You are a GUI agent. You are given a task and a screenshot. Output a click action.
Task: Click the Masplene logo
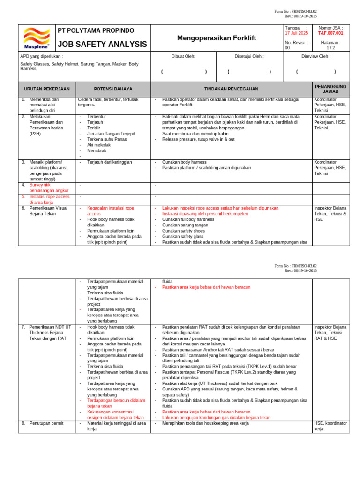click(37, 38)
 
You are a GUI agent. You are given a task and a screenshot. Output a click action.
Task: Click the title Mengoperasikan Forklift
click(217, 38)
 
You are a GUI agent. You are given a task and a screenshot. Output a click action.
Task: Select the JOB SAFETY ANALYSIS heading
click(102, 45)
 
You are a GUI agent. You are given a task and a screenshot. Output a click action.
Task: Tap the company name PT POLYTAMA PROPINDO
click(96, 31)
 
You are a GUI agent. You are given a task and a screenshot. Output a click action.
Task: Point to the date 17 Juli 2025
click(297, 33)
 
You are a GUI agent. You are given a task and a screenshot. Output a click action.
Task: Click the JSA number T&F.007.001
click(330, 33)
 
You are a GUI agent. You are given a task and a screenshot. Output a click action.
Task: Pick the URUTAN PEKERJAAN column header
click(47, 89)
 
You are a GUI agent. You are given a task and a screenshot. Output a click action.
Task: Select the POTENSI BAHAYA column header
click(113, 89)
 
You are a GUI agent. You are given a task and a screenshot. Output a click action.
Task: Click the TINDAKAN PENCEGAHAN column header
click(231, 89)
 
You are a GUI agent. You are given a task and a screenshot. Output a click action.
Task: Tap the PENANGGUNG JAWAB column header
click(330, 89)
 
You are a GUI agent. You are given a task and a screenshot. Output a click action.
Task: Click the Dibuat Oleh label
click(183, 56)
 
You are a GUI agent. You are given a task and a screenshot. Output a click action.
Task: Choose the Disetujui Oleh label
click(249, 56)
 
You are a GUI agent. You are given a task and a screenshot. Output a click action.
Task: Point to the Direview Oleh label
click(315, 56)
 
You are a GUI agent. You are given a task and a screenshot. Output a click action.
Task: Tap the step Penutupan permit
click(46, 423)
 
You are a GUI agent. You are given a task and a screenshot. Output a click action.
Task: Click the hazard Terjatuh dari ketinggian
click(110, 162)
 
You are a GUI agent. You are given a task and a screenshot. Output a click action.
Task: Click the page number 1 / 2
click(330, 48)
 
